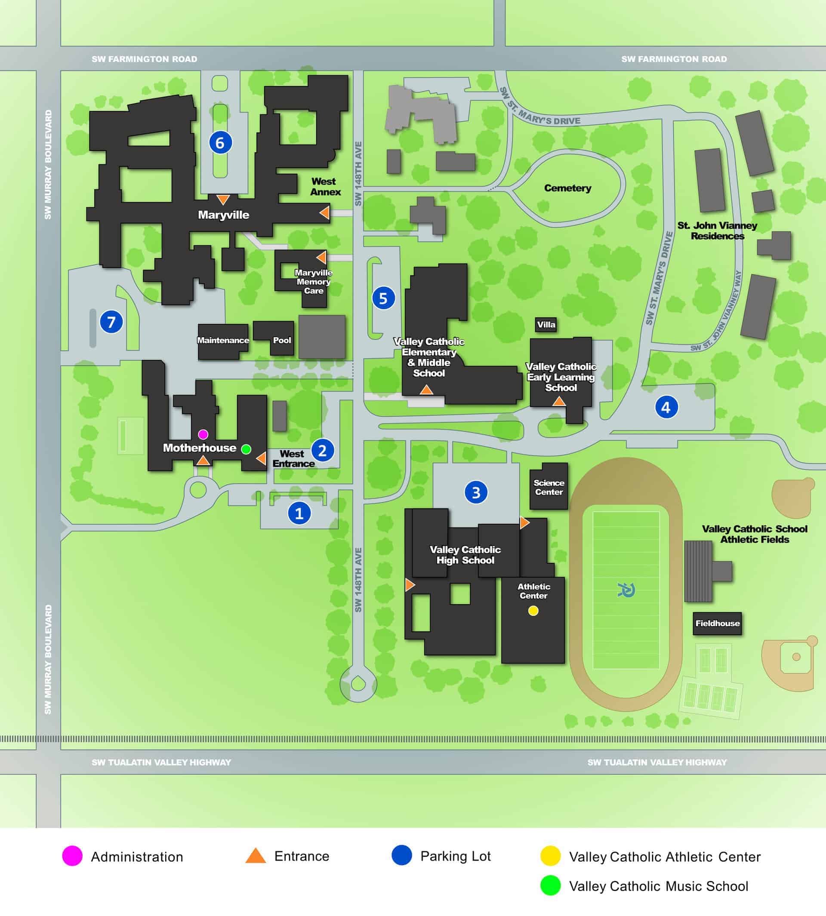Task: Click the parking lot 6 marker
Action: point(221,142)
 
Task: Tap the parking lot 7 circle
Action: point(111,322)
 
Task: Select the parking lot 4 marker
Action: point(666,407)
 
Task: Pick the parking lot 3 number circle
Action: point(476,492)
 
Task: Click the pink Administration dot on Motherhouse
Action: point(203,434)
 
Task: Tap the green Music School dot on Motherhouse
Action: point(246,449)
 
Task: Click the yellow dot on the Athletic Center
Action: point(533,611)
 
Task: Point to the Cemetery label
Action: point(567,188)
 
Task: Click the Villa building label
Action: point(546,324)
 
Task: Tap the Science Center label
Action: point(549,487)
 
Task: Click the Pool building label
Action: point(282,340)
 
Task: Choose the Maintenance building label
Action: point(223,340)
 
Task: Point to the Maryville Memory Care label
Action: point(313,282)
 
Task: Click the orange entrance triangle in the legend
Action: point(256,856)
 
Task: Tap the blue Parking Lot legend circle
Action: point(402,855)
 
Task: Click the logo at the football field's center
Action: point(626,590)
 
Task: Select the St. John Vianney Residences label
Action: point(717,231)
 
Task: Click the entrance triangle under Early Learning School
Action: point(559,401)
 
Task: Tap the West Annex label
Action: point(325,187)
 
